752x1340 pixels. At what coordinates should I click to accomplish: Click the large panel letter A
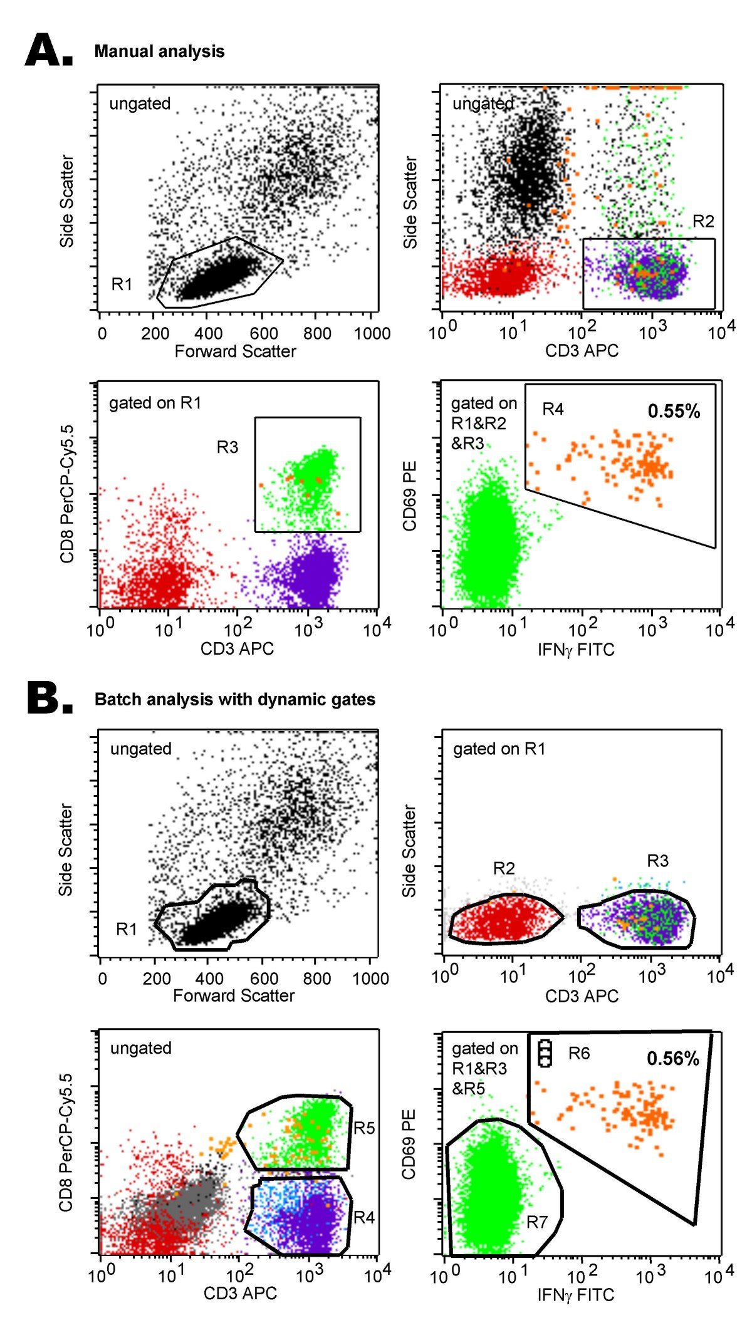pyautogui.click(x=48, y=50)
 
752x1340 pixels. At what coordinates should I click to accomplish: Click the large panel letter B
pyautogui.click(x=49, y=698)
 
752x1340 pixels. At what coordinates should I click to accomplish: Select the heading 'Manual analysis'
pyautogui.click(x=159, y=51)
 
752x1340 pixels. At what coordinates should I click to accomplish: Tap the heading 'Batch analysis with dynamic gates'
pyautogui.click(x=235, y=700)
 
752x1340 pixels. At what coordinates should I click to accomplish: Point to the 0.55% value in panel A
pyautogui.click(x=674, y=412)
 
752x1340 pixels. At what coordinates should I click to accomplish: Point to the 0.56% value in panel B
pyautogui.click(x=672, y=1059)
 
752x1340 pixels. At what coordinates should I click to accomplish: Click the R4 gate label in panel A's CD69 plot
pyautogui.click(x=553, y=409)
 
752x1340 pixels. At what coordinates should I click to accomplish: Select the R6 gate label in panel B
pyautogui.click(x=578, y=1054)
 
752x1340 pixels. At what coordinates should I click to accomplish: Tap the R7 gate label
pyautogui.click(x=537, y=1222)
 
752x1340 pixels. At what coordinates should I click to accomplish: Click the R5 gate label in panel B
pyautogui.click(x=364, y=1128)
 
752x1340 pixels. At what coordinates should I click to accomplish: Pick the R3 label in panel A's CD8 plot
pyautogui.click(x=227, y=447)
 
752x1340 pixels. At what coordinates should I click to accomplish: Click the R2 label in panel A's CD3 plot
pyautogui.click(x=703, y=221)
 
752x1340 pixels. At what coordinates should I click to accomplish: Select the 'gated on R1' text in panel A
pyautogui.click(x=155, y=403)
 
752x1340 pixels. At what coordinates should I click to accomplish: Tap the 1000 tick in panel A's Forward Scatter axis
pyautogui.click(x=372, y=333)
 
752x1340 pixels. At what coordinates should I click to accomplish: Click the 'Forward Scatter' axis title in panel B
pyautogui.click(x=234, y=995)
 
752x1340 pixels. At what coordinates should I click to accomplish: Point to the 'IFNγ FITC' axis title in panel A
pyautogui.click(x=576, y=650)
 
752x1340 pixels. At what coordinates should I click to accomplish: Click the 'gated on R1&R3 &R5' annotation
pyautogui.click(x=484, y=1068)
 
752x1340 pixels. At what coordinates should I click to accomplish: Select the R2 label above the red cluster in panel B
pyautogui.click(x=504, y=868)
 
